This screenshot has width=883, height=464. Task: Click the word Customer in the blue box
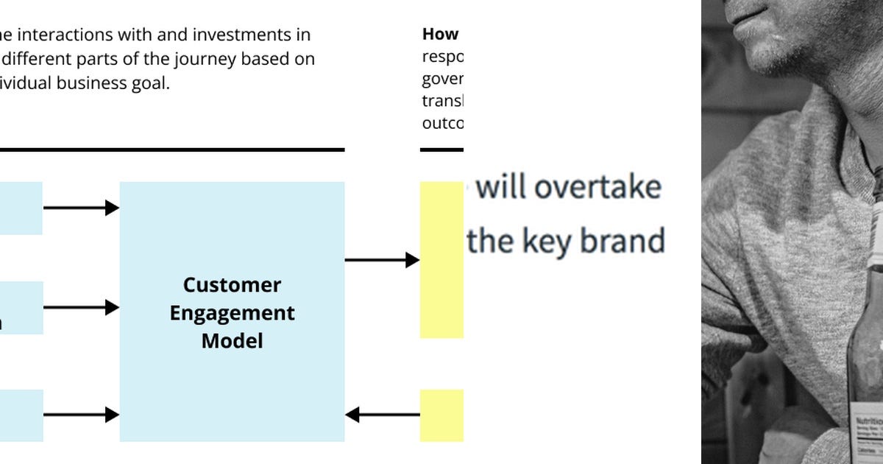click(x=232, y=285)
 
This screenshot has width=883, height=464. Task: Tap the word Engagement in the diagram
click(x=232, y=313)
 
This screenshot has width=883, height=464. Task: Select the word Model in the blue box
click(x=232, y=341)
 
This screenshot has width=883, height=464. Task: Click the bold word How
click(x=440, y=35)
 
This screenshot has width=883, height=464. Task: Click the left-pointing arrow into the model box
click(x=382, y=415)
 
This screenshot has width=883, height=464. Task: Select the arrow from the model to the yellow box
click(x=382, y=259)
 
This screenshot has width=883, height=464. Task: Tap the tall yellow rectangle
click(x=441, y=259)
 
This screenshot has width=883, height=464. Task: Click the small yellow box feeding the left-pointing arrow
click(x=441, y=415)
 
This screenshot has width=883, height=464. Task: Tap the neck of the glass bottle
click(x=876, y=221)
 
